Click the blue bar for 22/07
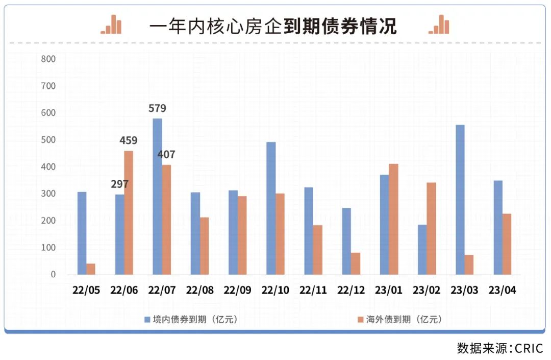pyautogui.click(x=158, y=197)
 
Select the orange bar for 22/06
pyautogui.click(x=129, y=213)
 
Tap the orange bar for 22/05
pyautogui.click(x=91, y=269)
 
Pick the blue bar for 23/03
pyautogui.click(x=460, y=200)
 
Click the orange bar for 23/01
pyautogui.click(x=394, y=219)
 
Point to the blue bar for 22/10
pyautogui.click(x=271, y=208)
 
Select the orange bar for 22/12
pyautogui.click(x=356, y=263)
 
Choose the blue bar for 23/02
pyautogui.click(x=422, y=250)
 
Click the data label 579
pyautogui.click(x=157, y=108)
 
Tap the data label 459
pyautogui.click(x=129, y=140)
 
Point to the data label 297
pyautogui.click(x=119, y=184)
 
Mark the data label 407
pyautogui.click(x=166, y=154)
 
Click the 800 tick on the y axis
pyautogui.click(x=48, y=59)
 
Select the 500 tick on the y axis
pyautogui.click(x=48, y=140)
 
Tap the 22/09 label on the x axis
pyautogui.click(x=238, y=290)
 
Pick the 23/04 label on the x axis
pyautogui.click(x=502, y=290)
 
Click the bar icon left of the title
pyautogui.click(x=111, y=24)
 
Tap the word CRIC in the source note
pyautogui.click(x=529, y=348)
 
